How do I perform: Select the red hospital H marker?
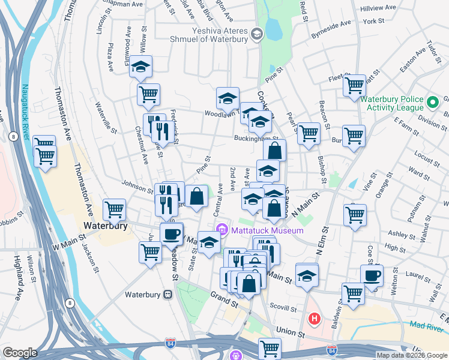313,318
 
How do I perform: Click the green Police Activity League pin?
433,103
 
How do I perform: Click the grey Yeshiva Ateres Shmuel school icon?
258,34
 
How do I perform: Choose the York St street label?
373,21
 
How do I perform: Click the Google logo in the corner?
20,353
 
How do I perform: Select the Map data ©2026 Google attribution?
411,355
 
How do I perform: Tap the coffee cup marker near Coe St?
372,275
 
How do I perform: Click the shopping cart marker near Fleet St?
354,85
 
